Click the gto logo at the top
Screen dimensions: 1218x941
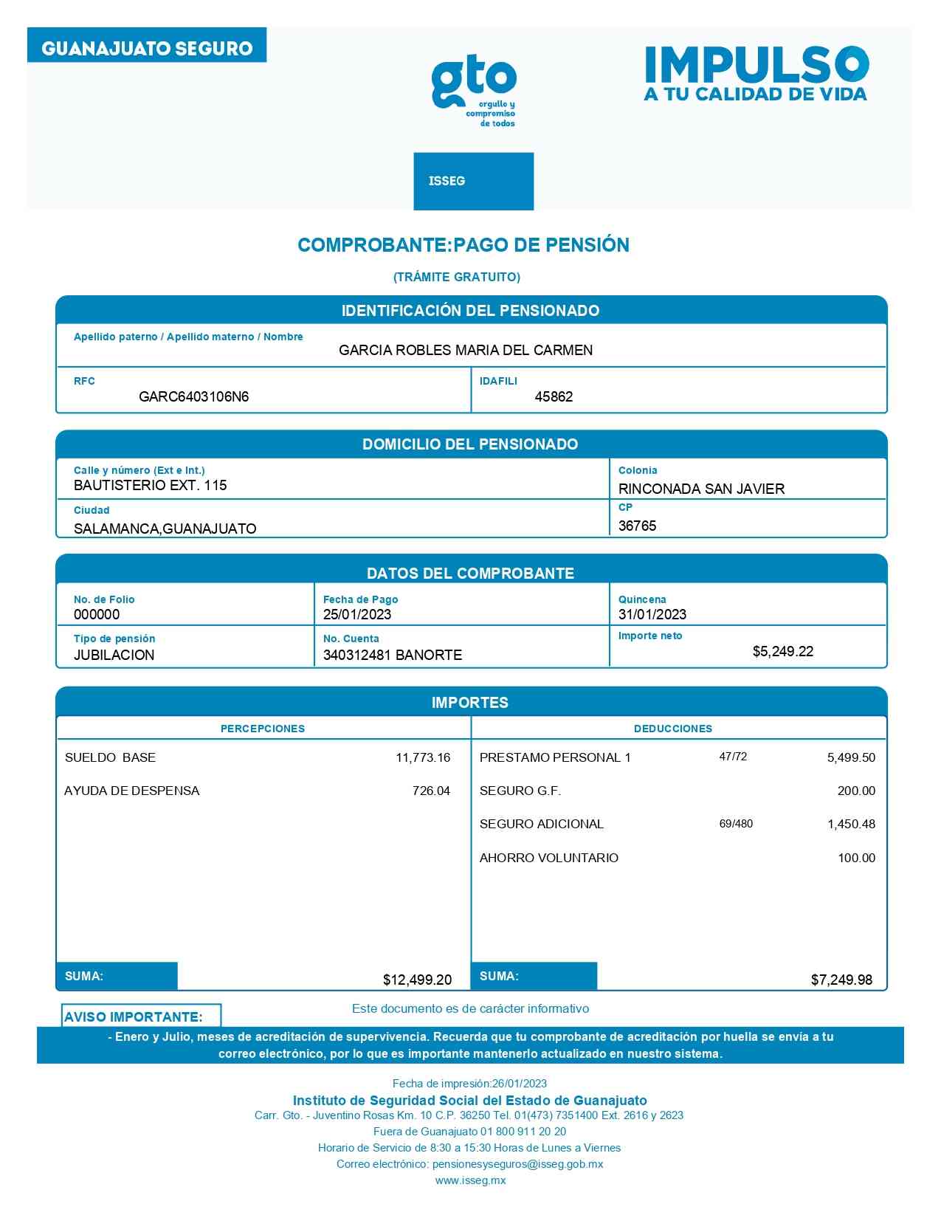coord(474,91)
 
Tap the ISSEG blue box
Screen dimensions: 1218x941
coord(473,181)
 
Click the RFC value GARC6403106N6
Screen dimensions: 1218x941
coord(193,396)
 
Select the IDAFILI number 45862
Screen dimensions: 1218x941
coord(554,396)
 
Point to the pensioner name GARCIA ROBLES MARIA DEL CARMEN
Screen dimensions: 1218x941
coord(466,350)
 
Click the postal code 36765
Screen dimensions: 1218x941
coord(637,526)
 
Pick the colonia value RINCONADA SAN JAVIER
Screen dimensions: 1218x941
coord(701,489)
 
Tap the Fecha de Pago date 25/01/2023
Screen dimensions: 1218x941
coord(357,614)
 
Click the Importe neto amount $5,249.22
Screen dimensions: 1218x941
coord(782,651)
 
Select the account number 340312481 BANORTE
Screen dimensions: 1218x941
coord(393,655)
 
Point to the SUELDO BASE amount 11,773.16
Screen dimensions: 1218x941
coord(422,757)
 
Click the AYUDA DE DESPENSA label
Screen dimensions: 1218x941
coord(131,791)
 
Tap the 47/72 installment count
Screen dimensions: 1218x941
coord(733,757)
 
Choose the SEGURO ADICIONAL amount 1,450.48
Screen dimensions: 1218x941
coord(851,824)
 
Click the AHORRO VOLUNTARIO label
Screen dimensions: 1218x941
coord(548,858)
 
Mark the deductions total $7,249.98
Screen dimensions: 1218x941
coord(841,980)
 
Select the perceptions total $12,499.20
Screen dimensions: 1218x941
coord(417,980)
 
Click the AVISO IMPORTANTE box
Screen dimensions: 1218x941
coord(141,1016)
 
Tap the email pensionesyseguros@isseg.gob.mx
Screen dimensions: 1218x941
coord(517,1164)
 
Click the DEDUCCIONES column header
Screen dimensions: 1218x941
coord(672,729)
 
